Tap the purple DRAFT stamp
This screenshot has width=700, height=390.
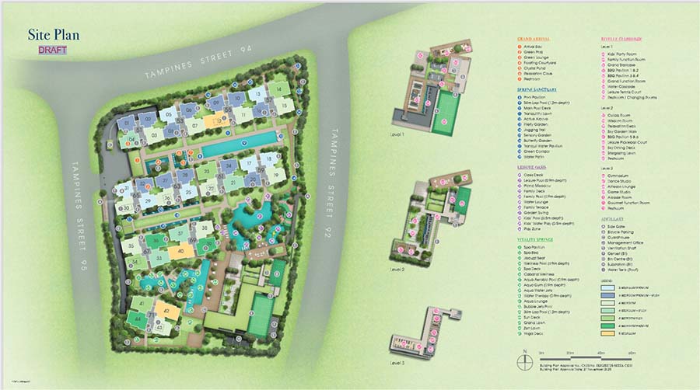[x=53, y=50]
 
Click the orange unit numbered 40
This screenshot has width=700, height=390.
[x=181, y=251]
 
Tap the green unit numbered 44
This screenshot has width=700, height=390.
[x=138, y=319]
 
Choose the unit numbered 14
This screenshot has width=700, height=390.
[x=277, y=90]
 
